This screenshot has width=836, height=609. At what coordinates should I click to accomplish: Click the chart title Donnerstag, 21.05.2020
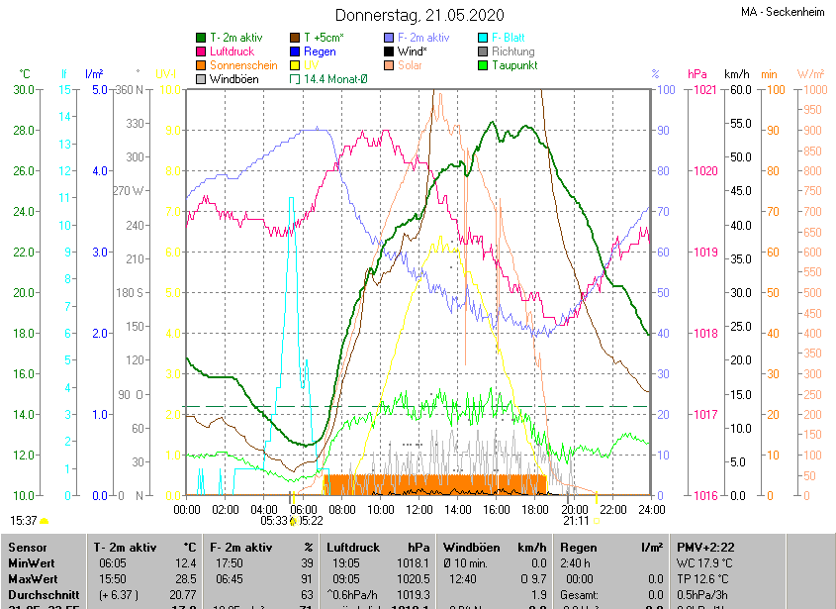click(418, 15)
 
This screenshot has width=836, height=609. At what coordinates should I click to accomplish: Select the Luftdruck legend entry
click(232, 51)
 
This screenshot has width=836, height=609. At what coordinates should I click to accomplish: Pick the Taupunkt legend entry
click(513, 65)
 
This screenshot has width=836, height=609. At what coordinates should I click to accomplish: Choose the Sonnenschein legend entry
click(243, 65)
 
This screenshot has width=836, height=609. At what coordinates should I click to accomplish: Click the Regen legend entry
click(320, 51)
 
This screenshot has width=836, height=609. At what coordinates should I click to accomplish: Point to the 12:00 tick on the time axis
click(418, 509)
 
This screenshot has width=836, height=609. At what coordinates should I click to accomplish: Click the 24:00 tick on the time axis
click(649, 509)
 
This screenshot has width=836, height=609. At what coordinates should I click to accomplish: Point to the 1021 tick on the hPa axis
click(704, 90)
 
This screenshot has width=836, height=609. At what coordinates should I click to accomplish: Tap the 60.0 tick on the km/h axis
click(738, 90)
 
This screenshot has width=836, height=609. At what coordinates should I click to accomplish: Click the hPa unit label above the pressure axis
click(697, 74)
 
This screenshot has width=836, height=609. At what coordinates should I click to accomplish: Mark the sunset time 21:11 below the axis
click(575, 520)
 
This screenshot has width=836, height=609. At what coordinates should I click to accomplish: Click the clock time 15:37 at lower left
click(23, 520)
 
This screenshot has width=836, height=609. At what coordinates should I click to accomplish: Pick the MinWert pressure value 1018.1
click(409, 562)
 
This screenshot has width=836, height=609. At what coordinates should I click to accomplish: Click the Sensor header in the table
click(27, 547)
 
